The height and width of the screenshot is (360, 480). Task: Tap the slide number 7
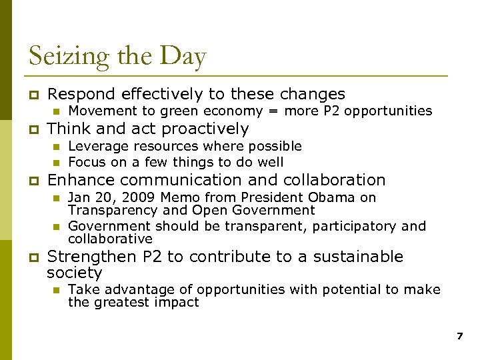(x=459, y=337)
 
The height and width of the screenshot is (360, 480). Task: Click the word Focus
(x=86, y=162)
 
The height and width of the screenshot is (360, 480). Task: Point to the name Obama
(x=337, y=197)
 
